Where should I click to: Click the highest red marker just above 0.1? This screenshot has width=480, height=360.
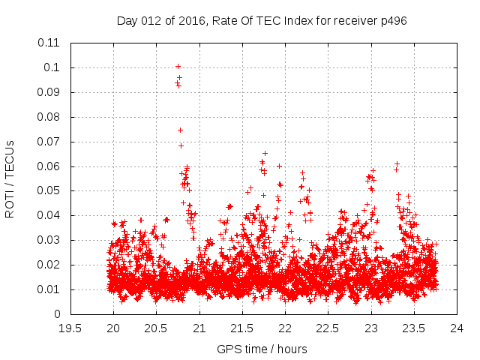pyautogui.click(x=178, y=66)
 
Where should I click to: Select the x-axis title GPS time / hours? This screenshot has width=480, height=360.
pyautogui.click(x=262, y=349)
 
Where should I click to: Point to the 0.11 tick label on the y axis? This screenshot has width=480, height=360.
pyautogui.click(x=49, y=43)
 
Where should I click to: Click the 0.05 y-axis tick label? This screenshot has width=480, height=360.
pyautogui.click(x=49, y=190)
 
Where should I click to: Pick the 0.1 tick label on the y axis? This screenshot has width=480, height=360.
pyautogui.click(x=52, y=67)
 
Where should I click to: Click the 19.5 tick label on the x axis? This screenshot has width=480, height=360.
pyautogui.click(x=70, y=328)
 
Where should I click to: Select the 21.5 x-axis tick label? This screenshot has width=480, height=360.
pyautogui.click(x=242, y=328)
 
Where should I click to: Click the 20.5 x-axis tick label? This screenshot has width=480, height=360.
pyautogui.click(x=156, y=328)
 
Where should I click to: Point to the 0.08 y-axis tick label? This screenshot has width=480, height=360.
pyautogui.click(x=49, y=117)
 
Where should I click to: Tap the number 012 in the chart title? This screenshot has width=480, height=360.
pyautogui.click(x=152, y=20)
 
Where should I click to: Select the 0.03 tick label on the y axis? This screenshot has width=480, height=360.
pyautogui.click(x=49, y=240)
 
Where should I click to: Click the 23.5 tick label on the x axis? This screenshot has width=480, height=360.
pyautogui.click(x=414, y=328)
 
